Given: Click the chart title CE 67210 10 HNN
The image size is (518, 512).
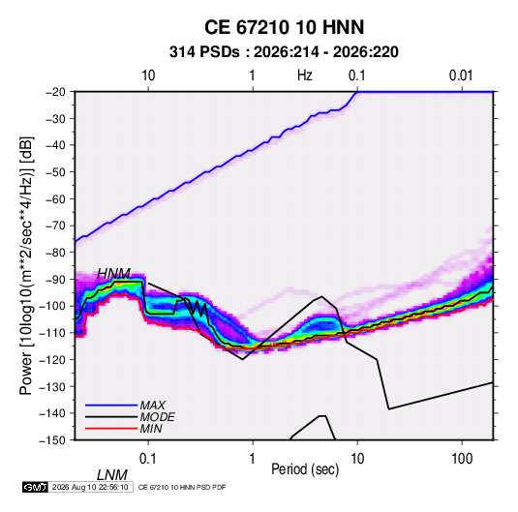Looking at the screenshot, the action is (x=284, y=27).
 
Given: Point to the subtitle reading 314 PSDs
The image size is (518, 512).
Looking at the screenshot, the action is (x=204, y=52).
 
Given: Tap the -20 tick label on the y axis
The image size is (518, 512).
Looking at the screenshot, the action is (x=55, y=92).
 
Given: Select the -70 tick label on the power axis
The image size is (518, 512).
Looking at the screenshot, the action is (x=55, y=226).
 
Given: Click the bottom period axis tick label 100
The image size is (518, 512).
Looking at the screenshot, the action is (x=462, y=459).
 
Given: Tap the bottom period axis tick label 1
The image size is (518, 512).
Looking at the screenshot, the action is (x=253, y=459).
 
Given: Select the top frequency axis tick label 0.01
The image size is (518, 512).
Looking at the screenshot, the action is (x=461, y=75).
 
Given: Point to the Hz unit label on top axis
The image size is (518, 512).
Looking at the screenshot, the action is (x=304, y=75).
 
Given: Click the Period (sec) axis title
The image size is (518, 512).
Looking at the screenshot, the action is (x=305, y=469).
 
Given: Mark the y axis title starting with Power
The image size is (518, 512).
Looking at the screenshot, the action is (x=26, y=265).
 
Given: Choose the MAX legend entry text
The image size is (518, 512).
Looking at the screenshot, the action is (x=153, y=406).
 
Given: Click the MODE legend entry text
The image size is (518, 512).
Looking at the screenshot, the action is (x=157, y=417).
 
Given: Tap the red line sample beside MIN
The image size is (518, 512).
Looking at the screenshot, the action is (x=111, y=429).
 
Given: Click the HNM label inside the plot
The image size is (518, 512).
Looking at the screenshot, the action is (x=113, y=274).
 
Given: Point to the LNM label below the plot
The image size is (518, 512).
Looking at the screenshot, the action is (x=112, y=475).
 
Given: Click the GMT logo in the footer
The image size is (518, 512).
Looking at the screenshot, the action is (x=36, y=487).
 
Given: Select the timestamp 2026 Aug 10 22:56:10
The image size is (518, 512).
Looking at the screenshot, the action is (x=90, y=487).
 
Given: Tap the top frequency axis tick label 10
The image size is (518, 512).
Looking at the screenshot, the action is (x=148, y=75).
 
